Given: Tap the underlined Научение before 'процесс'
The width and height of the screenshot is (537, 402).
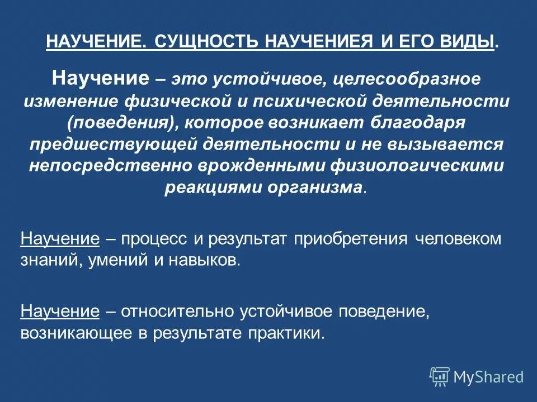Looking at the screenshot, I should pyautogui.click(x=60, y=239).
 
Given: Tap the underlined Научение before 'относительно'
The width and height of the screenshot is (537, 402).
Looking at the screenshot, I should pyautogui.click(x=60, y=311).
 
